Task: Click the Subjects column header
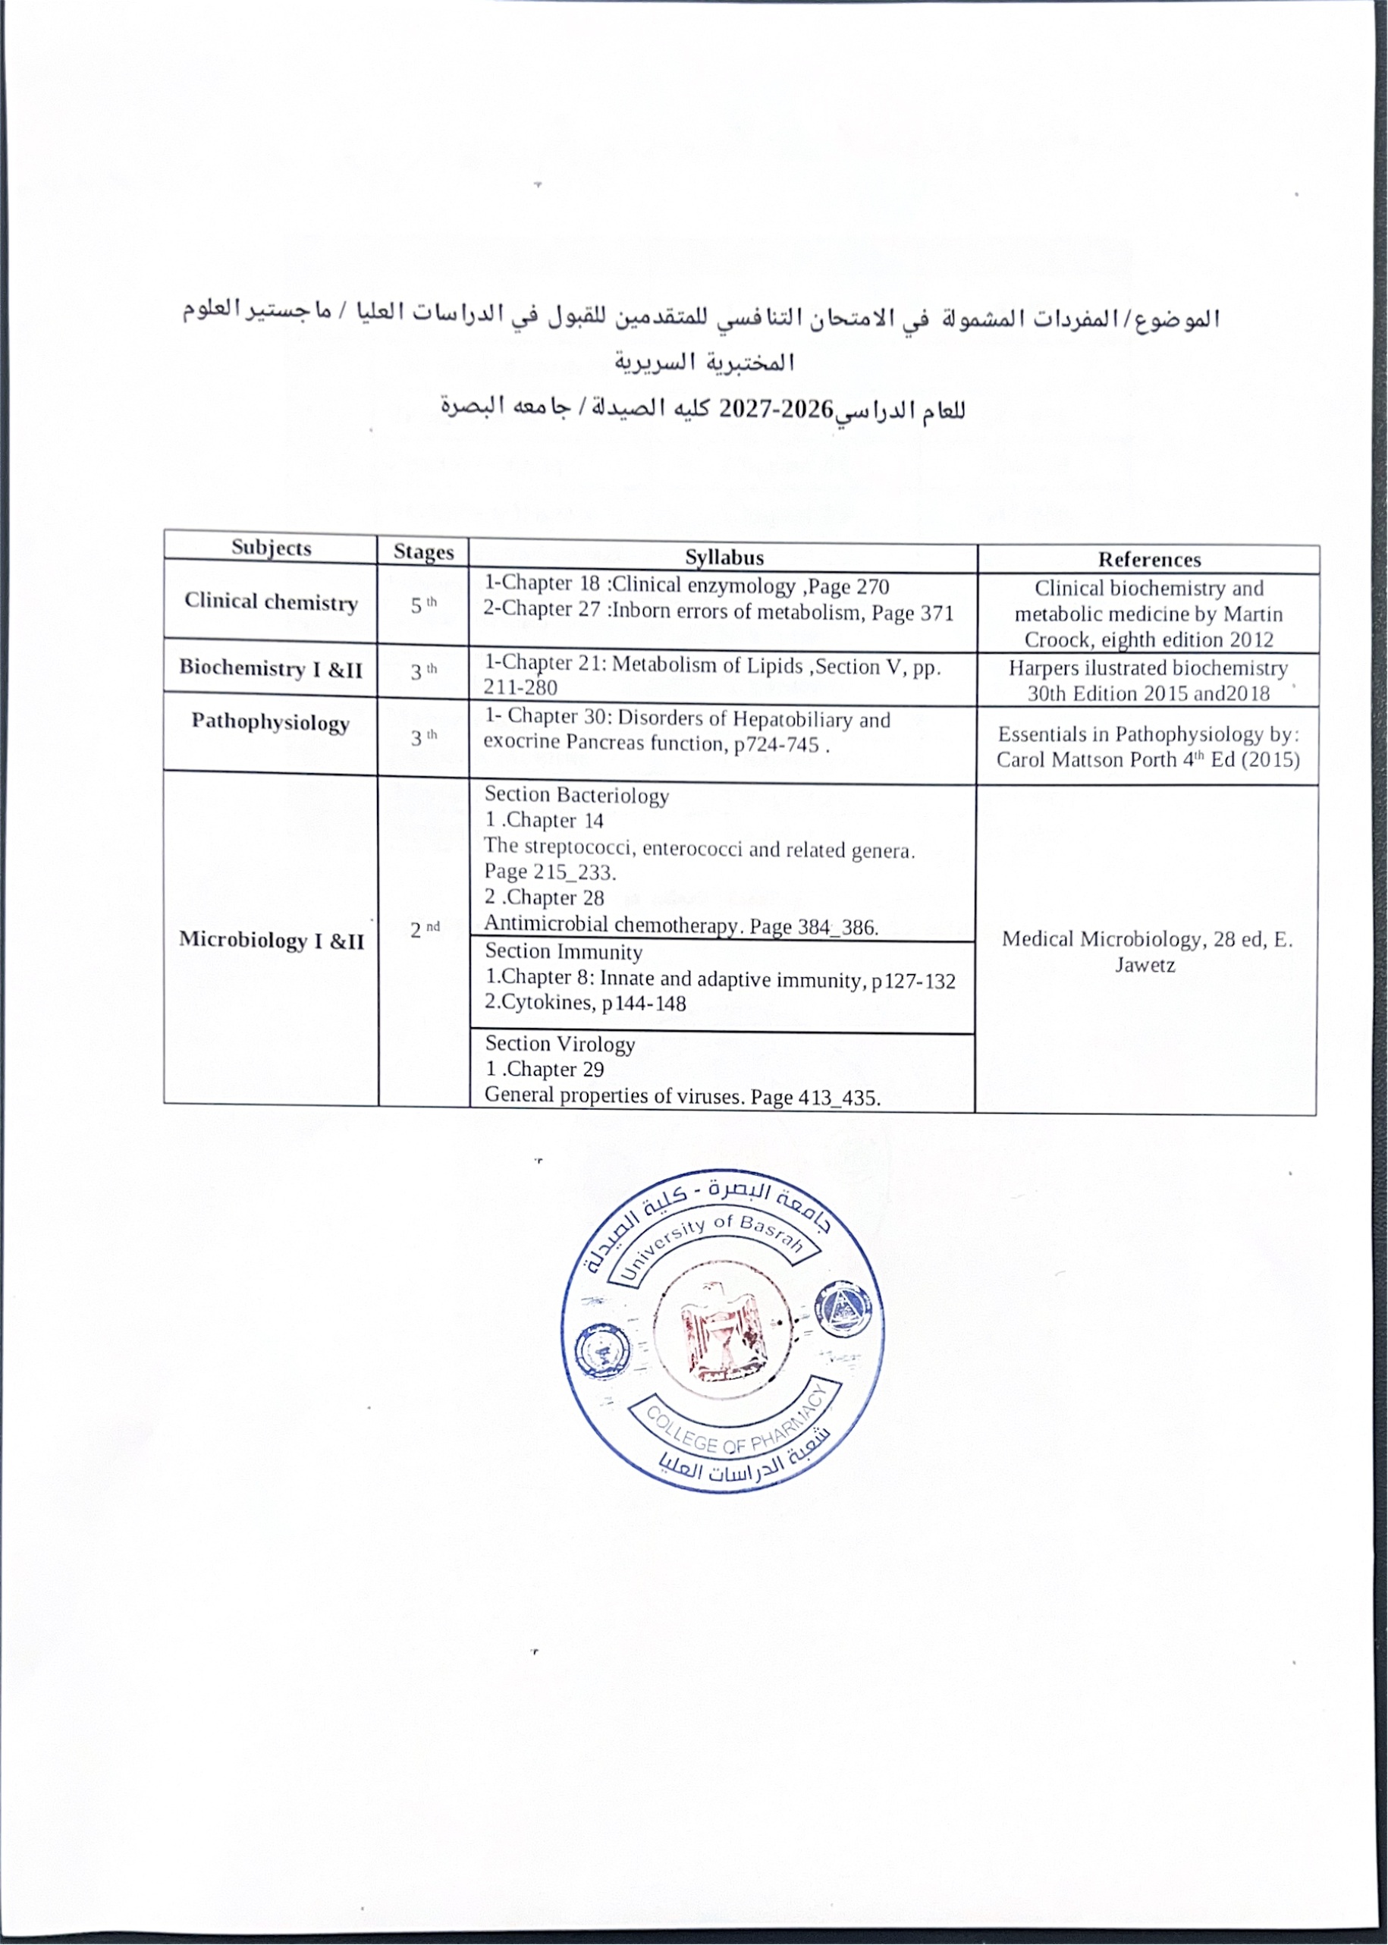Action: (x=271, y=548)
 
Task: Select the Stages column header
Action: (x=423, y=552)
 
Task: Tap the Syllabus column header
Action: (x=724, y=558)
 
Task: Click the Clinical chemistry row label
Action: (x=271, y=602)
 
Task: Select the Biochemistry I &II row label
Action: (x=271, y=668)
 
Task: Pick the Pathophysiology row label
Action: (x=270, y=722)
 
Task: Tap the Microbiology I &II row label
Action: (x=271, y=940)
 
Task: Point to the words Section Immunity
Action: (x=564, y=951)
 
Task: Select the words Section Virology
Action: (x=560, y=1044)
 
